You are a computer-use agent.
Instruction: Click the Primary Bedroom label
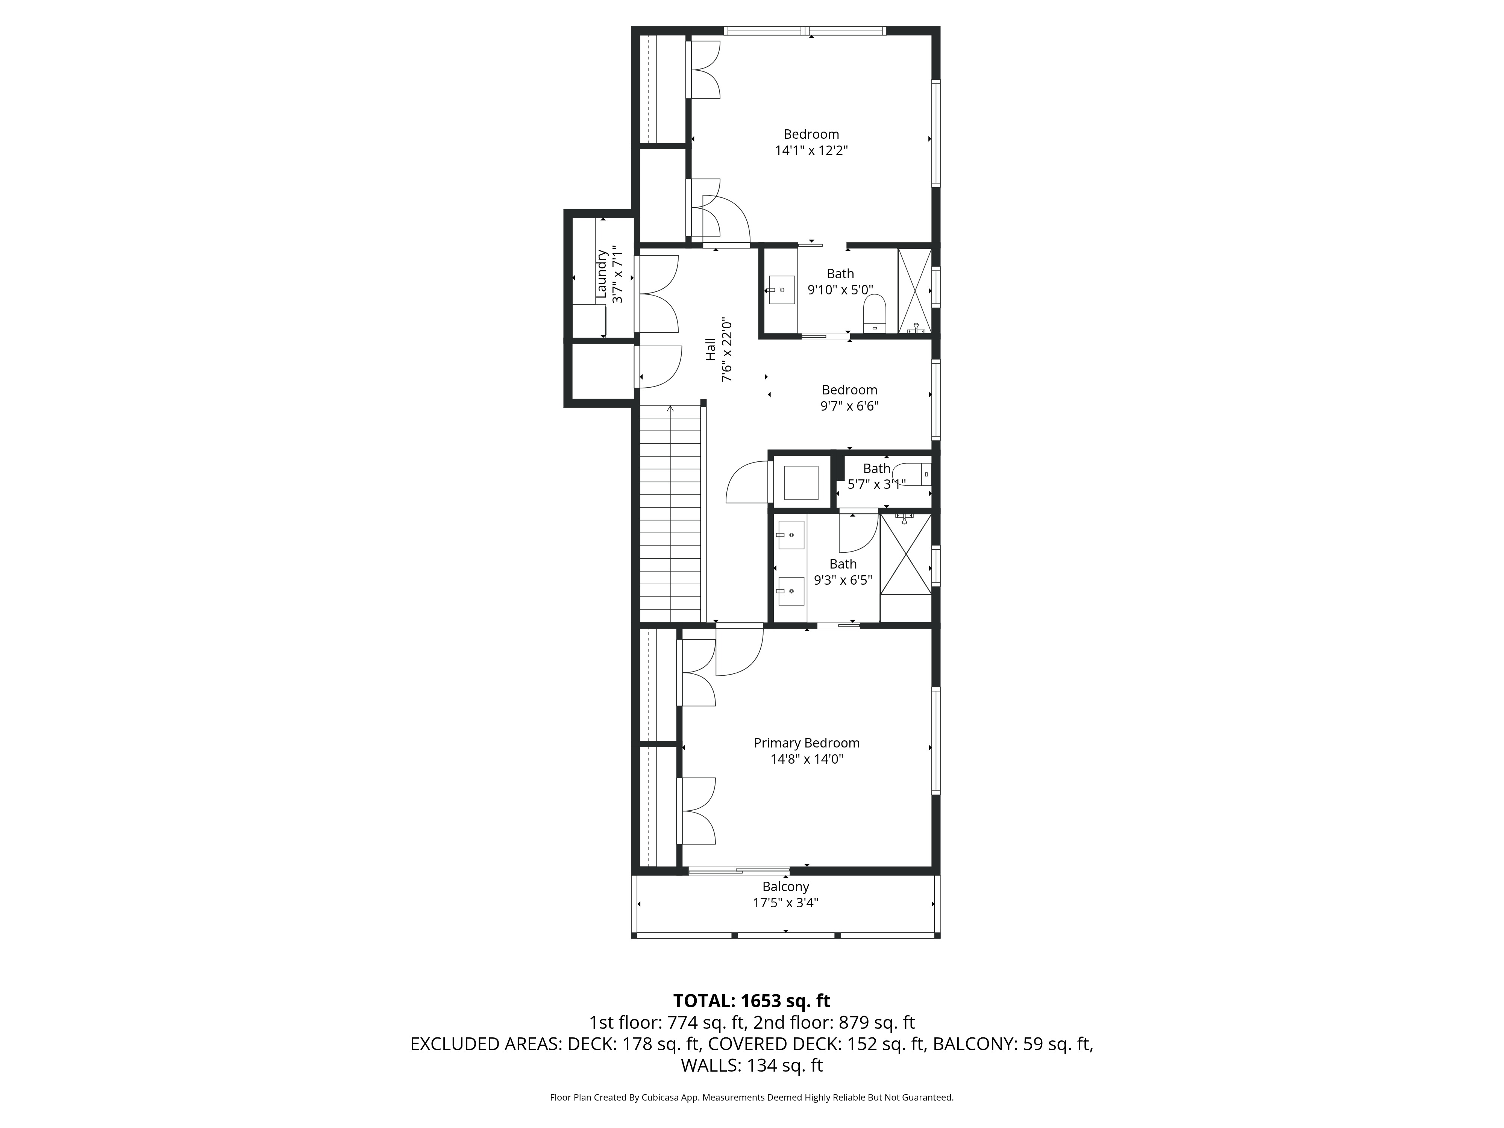(x=807, y=743)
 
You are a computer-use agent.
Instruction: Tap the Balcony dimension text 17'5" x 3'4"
(x=785, y=903)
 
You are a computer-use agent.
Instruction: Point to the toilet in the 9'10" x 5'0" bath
(x=874, y=314)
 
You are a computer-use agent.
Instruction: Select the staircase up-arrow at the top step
(x=670, y=409)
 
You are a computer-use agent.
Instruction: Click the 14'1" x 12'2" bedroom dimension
(x=811, y=150)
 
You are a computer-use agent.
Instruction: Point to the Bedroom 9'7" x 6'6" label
(x=849, y=390)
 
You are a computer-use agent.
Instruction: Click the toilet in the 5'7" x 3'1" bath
(x=911, y=474)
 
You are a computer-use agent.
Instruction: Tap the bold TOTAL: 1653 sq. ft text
(x=751, y=1001)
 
